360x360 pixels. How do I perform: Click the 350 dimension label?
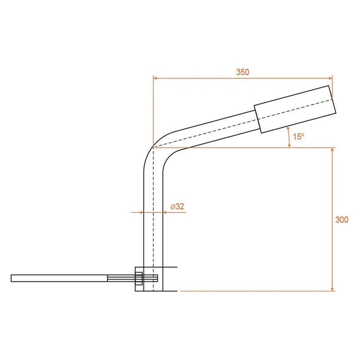click(x=243, y=72)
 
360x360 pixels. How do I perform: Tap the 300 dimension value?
click(x=342, y=220)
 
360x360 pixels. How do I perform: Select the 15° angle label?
click(x=298, y=136)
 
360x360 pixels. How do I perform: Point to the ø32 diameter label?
click(x=177, y=206)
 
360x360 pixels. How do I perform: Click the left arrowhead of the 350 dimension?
click(x=155, y=78)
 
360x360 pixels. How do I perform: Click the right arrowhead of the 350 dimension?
click(x=330, y=78)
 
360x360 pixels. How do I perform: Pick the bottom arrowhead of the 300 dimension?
click(x=332, y=289)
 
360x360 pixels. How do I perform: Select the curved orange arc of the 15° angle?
click(x=289, y=137)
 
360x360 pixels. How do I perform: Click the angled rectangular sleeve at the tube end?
click(x=295, y=109)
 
